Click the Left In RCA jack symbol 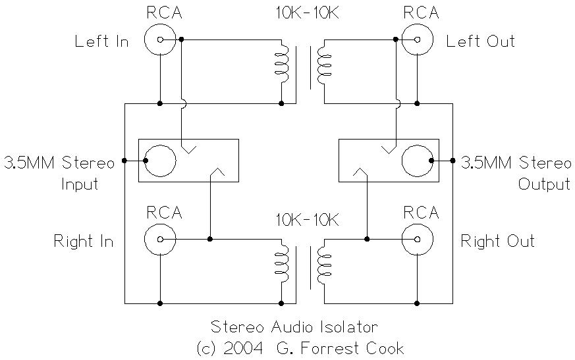coord(160,39)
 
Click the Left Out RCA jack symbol coord(417,39)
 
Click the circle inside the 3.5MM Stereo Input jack coord(160,161)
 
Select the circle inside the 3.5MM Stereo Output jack coord(417,161)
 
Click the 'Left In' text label coord(101,41)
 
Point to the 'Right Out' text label coord(497,241)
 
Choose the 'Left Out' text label coord(480,41)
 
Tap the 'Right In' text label coord(84,241)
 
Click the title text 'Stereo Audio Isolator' coord(294,327)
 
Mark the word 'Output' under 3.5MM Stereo coord(544,183)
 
